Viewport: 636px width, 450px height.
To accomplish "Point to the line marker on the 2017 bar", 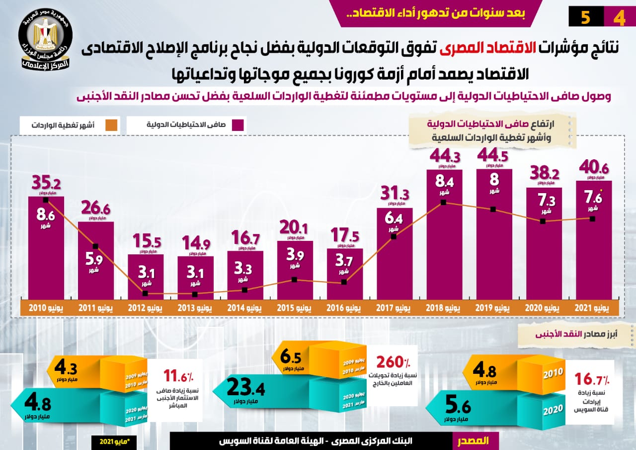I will [x=394, y=237].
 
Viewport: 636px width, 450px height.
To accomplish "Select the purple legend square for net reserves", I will [x=238, y=125].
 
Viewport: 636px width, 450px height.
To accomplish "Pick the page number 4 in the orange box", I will [x=619, y=17].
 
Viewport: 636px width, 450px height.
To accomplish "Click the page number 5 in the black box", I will [x=585, y=17].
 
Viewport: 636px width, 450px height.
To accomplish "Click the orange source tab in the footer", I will [x=472, y=441].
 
